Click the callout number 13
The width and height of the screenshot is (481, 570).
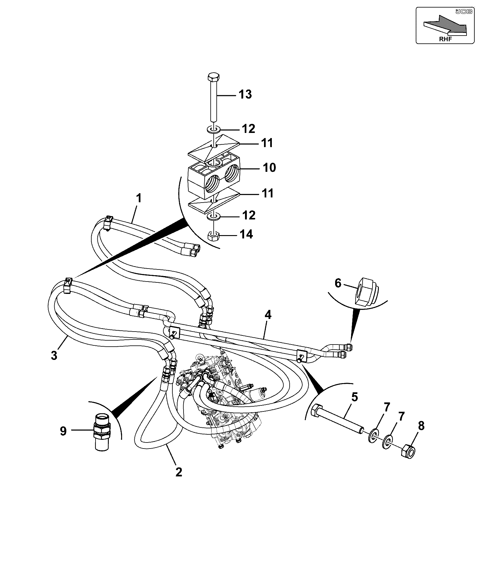(x=245, y=94)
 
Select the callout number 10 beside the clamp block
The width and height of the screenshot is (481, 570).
(x=269, y=168)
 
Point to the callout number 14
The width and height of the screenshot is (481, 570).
(x=246, y=234)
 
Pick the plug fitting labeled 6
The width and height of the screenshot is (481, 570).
(x=367, y=291)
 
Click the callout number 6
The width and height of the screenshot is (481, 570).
(x=338, y=283)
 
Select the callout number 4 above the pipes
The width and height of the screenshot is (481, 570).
(x=268, y=315)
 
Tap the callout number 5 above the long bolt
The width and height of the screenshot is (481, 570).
(x=355, y=397)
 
